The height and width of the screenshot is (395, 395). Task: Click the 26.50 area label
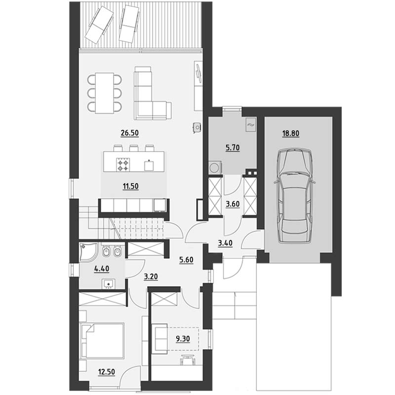(130, 133)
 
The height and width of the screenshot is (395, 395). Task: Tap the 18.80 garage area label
(291, 133)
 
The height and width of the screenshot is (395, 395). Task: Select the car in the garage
(294, 196)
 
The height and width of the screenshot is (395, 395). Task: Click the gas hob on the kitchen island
(123, 164)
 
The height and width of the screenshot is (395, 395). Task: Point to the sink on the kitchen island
(149, 165)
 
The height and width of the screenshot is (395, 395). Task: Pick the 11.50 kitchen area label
(131, 187)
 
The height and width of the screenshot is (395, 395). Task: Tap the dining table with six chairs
(104, 93)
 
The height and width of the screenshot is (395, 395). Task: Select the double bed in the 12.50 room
(102, 341)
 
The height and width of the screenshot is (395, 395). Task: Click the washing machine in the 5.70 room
(215, 167)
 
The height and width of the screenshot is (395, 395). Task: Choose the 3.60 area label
(233, 204)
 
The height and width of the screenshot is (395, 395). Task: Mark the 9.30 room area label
(183, 339)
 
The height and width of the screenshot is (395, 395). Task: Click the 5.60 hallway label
(186, 260)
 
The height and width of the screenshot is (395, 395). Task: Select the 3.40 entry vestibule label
(225, 243)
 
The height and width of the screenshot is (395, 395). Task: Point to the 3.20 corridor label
(151, 277)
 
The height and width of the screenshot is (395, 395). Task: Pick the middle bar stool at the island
(134, 148)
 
